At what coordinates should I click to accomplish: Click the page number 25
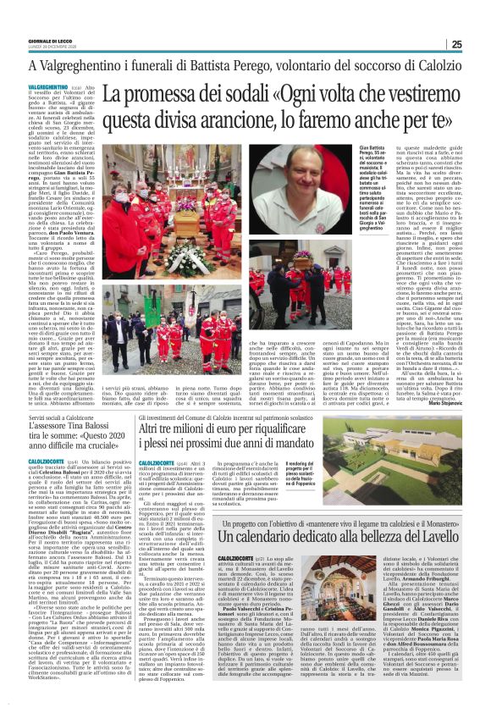[479, 45]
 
